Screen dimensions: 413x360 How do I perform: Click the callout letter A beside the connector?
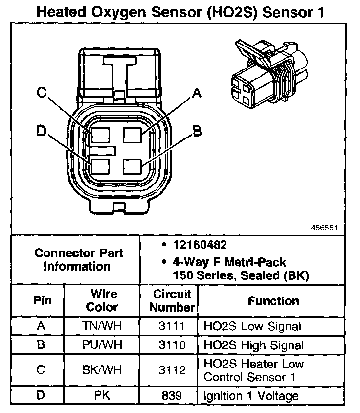(197, 93)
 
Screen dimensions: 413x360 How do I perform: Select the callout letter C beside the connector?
(42, 92)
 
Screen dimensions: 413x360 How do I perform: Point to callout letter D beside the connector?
(41, 131)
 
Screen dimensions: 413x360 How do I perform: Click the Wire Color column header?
(104, 300)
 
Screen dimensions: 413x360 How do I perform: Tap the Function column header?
(273, 300)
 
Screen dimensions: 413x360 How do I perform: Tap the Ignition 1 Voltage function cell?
(251, 395)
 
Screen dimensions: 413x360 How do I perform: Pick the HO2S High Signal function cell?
(253, 344)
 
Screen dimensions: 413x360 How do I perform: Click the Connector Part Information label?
(79, 260)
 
